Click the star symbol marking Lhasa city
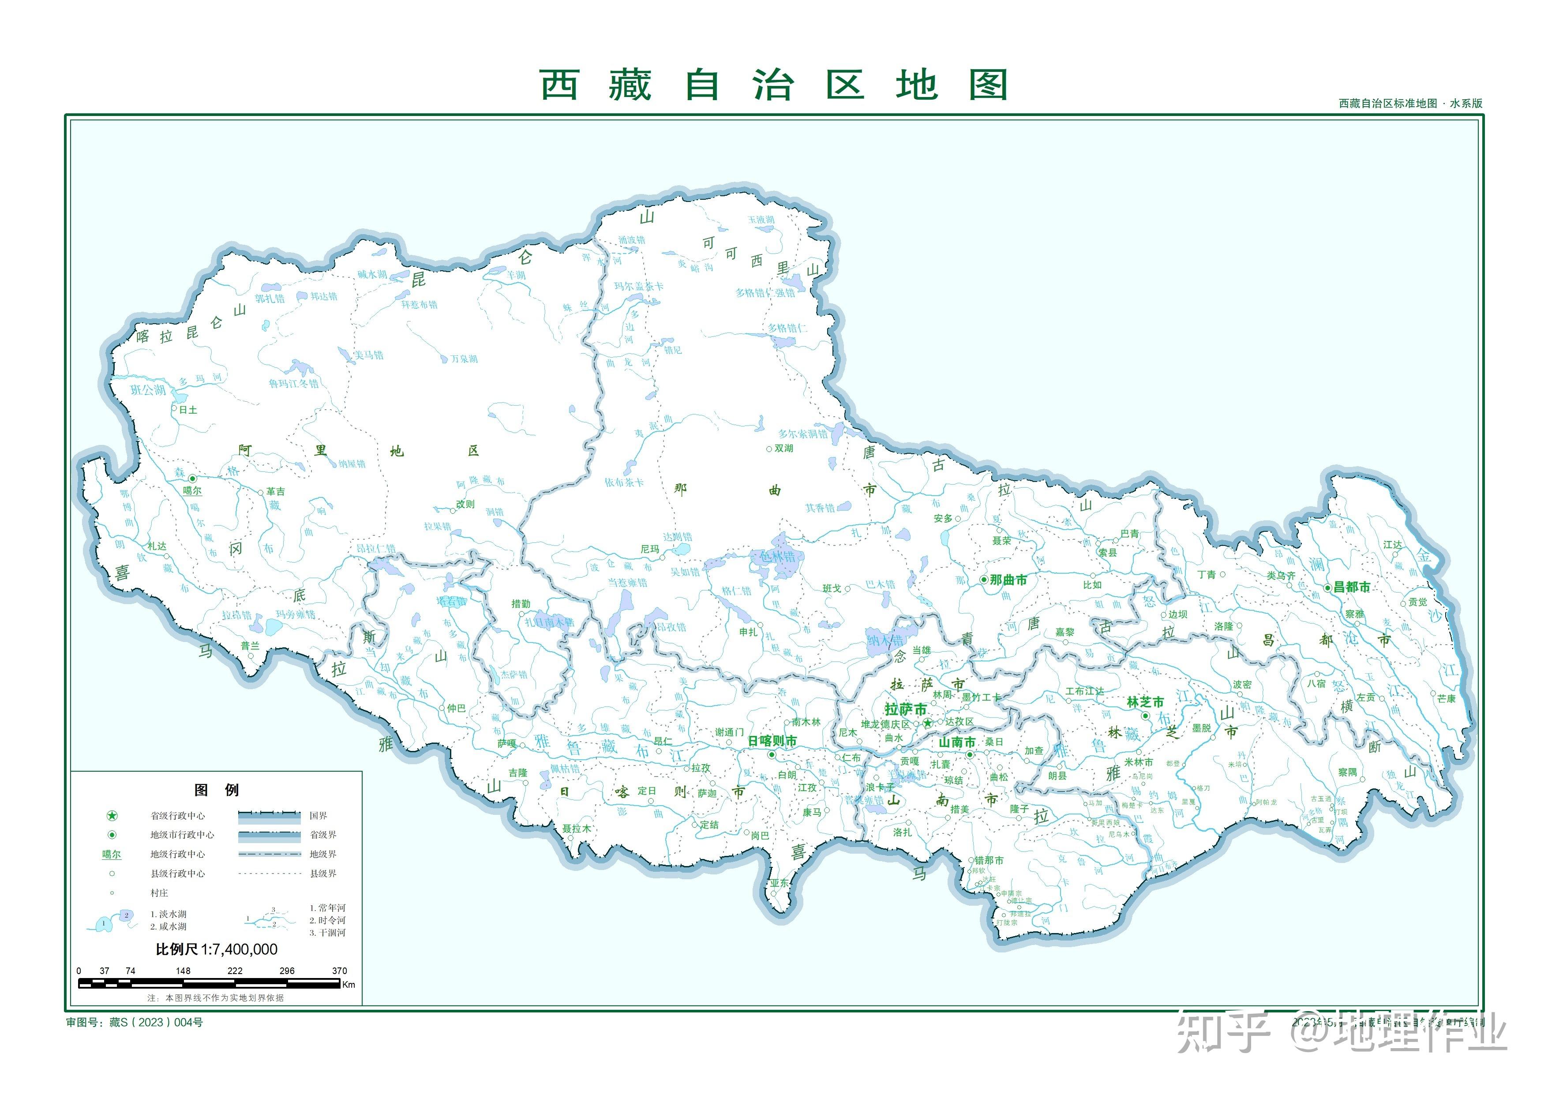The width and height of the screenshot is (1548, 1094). [928, 723]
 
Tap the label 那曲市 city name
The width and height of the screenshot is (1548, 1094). [1008, 580]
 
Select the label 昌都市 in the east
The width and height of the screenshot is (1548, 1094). [1352, 587]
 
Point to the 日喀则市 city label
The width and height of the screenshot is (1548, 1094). [772, 741]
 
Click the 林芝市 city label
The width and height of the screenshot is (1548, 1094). [1145, 702]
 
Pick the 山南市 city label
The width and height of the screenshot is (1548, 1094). [957, 742]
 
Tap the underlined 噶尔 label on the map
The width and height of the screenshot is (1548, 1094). [192, 491]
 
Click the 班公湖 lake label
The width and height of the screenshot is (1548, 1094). [148, 390]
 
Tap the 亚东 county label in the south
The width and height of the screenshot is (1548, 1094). [780, 883]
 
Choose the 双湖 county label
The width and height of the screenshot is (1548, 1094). [783, 448]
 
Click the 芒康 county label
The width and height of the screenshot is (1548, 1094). [1446, 698]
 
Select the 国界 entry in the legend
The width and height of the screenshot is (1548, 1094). [318, 816]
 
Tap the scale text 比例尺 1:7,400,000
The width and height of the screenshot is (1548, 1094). [217, 949]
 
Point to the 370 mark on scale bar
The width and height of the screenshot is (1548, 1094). [339, 971]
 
